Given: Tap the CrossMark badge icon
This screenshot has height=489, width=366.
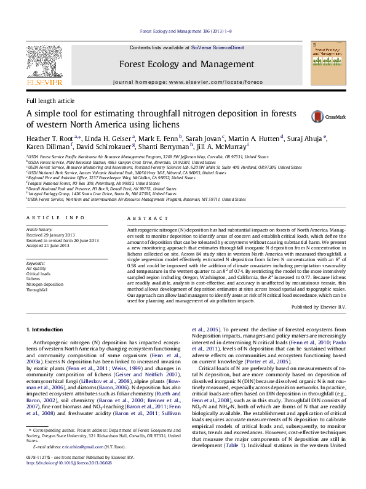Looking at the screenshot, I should point(318,116).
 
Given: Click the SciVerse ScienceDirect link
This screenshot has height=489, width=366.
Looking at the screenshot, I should point(217,47).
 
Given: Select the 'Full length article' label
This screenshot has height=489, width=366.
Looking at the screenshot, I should point(50,100).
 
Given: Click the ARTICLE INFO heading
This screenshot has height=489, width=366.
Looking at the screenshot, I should point(55,218).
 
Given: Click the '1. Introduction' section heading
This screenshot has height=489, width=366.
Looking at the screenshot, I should point(46,330).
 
